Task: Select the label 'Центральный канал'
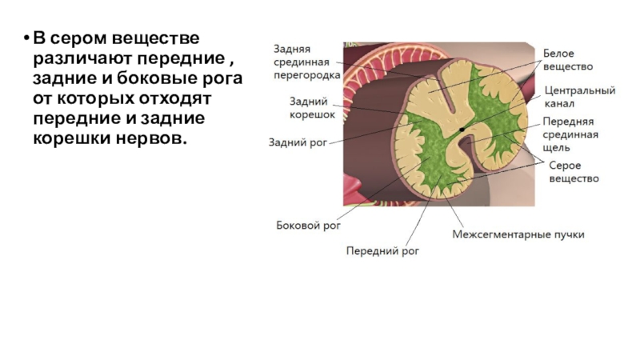tap(579, 97)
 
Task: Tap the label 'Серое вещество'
tap(574, 172)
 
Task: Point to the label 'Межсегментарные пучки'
tap(518, 235)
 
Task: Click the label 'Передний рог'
tap(382, 251)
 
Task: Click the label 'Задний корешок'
tap(307, 110)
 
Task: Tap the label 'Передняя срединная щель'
tap(570, 134)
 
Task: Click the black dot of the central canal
tap(462, 129)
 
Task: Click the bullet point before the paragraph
tap(26, 39)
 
